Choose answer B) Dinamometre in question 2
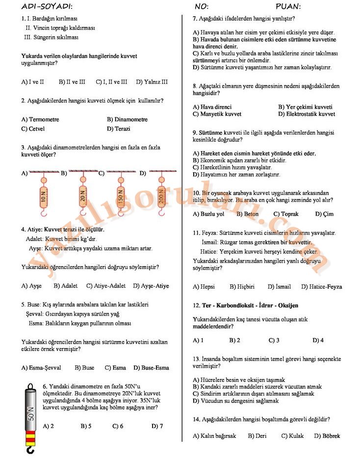[x=127, y=119]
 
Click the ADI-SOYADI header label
[x=47, y=6]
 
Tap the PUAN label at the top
[x=288, y=6]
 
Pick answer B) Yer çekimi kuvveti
[x=305, y=107]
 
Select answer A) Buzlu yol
[x=208, y=214]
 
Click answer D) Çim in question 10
[x=324, y=214]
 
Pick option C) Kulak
[x=292, y=435]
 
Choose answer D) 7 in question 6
[x=157, y=426]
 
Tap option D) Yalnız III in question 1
[x=152, y=82]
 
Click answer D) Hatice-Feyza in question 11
[x=321, y=287]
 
